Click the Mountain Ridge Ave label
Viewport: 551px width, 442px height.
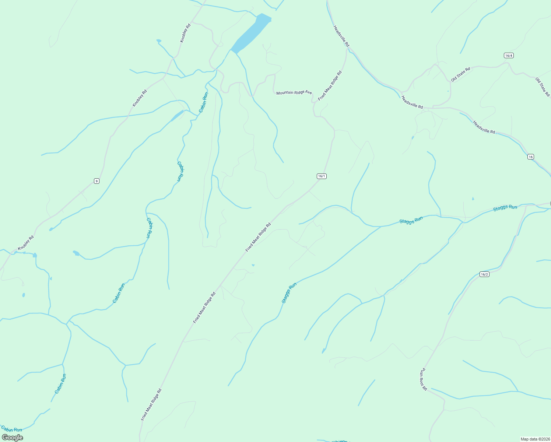tap(294, 92)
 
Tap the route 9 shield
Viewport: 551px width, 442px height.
tap(96, 181)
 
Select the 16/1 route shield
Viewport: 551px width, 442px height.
tap(322, 176)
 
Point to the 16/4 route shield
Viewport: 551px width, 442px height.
tap(509, 56)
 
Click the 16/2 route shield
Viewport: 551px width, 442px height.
tap(484, 274)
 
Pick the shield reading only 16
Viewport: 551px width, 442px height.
tap(530, 157)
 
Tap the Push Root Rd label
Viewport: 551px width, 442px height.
tap(423, 379)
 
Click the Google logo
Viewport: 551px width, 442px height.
tap(13, 438)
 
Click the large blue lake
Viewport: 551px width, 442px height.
tap(250, 33)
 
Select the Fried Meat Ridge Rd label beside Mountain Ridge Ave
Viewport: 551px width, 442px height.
tap(330, 85)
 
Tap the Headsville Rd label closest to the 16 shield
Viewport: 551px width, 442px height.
tap(484, 127)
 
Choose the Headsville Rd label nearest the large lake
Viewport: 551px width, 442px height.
tap(341, 36)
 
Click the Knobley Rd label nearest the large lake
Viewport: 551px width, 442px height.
tap(185, 33)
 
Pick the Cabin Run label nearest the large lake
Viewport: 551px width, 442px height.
tap(203, 102)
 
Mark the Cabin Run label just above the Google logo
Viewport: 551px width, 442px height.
tap(12, 429)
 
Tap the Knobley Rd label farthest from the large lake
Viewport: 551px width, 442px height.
tap(26, 243)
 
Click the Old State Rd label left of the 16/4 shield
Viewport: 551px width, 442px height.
tap(460, 74)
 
